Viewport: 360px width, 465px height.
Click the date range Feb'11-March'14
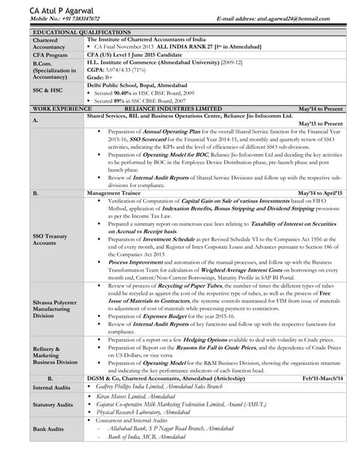tap(322, 379)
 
